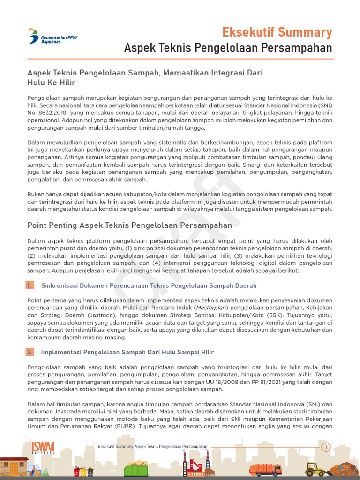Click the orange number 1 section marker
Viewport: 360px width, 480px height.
[x=30, y=285]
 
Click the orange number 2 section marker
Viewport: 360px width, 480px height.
[x=30, y=352]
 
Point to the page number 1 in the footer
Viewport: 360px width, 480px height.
[x=325, y=447]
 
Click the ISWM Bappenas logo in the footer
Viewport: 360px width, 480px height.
[x=43, y=448]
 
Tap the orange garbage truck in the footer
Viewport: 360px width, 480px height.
[x=265, y=469]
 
